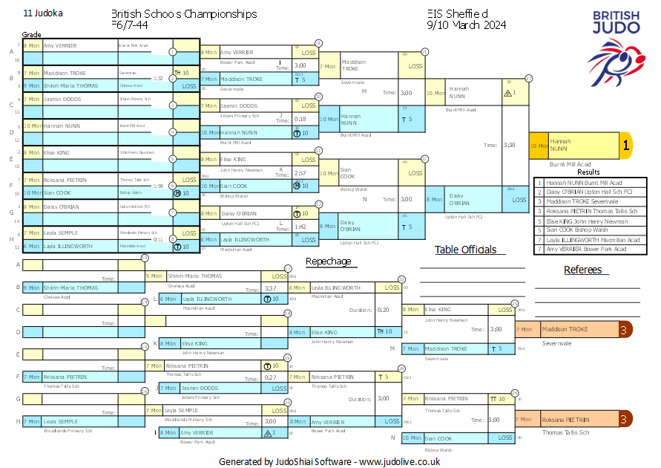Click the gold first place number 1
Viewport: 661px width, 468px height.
(625, 146)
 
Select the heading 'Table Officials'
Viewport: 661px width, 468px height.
(465, 250)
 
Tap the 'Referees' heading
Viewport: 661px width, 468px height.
(583, 270)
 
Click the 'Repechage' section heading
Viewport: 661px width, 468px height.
(328, 261)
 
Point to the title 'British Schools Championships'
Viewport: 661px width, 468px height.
(184, 14)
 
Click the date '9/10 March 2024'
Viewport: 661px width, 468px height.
(467, 25)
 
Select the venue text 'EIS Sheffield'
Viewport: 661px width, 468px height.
(458, 14)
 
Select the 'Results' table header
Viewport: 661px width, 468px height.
(588, 172)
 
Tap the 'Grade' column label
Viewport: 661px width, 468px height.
(31, 35)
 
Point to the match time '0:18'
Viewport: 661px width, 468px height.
(300, 119)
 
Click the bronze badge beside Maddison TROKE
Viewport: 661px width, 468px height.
(625, 329)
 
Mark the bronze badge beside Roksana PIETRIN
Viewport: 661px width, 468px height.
(625, 420)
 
